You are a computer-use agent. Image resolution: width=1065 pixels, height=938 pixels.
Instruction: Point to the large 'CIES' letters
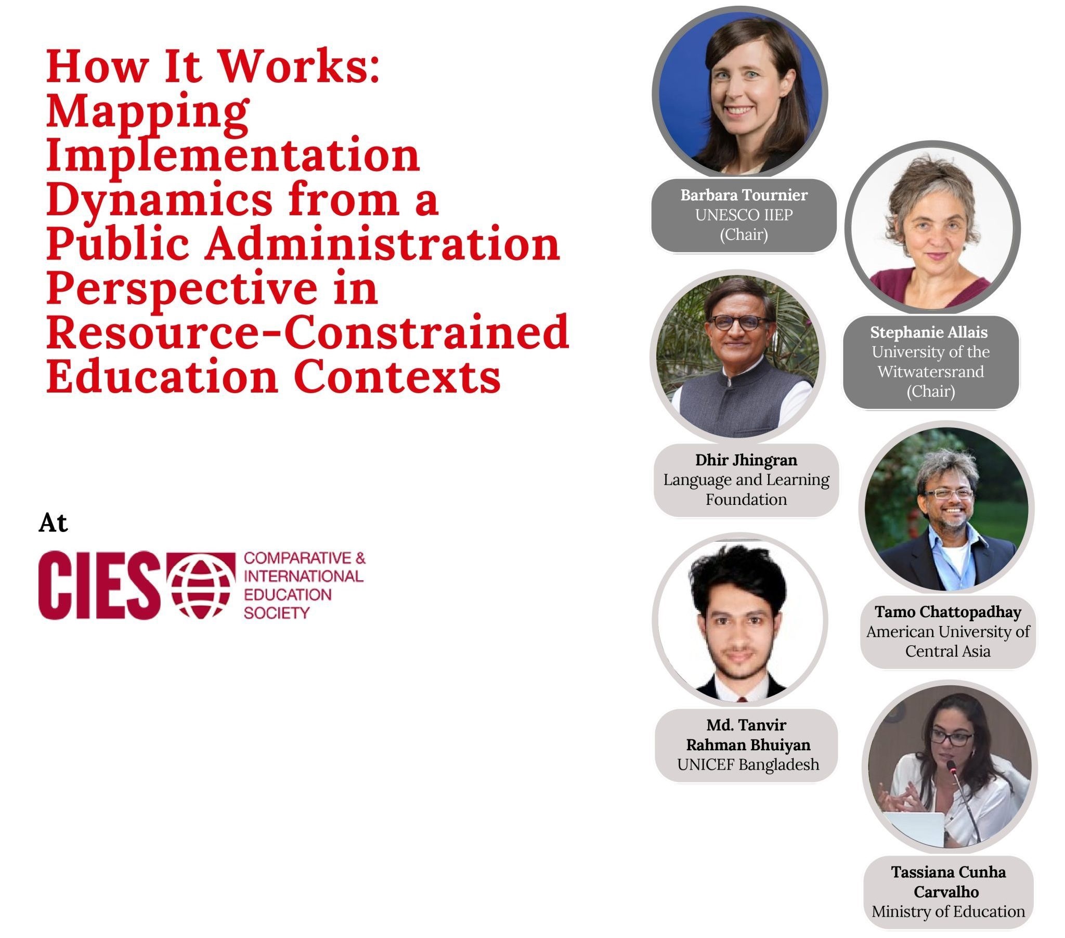(x=99, y=585)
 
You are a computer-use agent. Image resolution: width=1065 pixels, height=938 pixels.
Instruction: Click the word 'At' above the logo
(x=53, y=523)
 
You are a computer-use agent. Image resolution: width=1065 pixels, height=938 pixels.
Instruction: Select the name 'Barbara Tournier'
(x=744, y=195)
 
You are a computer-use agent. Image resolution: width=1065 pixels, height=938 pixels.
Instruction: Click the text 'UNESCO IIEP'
(x=744, y=215)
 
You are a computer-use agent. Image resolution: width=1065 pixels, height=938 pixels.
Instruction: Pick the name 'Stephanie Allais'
(x=929, y=332)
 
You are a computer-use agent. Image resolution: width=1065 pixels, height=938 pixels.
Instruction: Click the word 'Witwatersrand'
(x=930, y=372)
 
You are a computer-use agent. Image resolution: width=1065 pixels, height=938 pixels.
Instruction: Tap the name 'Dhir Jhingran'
(x=746, y=460)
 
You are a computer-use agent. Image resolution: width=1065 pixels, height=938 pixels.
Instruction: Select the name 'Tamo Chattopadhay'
(x=948, y=612)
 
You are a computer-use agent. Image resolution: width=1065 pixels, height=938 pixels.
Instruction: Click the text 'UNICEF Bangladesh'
(x=748, y=764)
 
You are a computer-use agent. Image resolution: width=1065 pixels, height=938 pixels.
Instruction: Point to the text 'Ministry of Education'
(x=949, y=911)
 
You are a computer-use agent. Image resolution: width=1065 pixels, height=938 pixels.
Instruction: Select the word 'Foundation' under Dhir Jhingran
(x=746, y=499)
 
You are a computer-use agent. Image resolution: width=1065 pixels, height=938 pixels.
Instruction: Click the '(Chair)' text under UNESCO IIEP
(x=744, y=234)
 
